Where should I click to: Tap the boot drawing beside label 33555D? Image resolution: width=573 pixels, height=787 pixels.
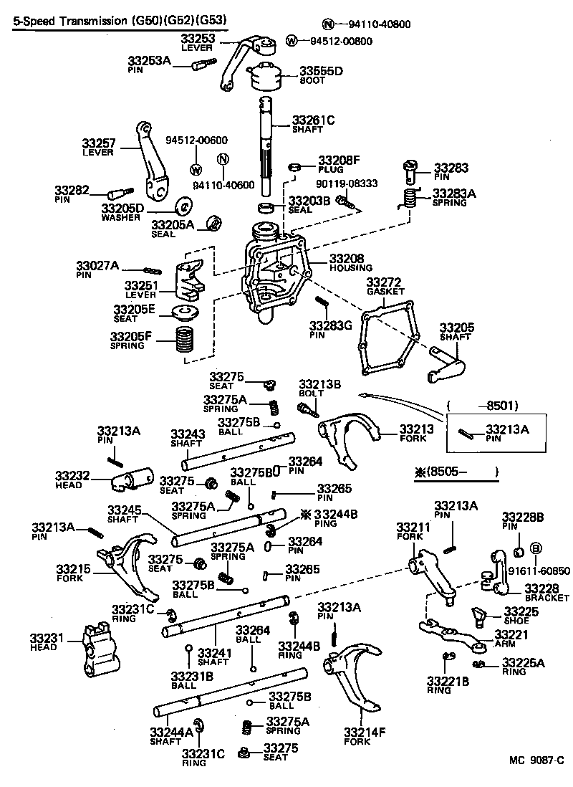pos(266,77)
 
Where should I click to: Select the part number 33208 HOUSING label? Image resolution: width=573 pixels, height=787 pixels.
pos(347,258)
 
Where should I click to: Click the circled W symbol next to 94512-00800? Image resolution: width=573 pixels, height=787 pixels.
pos(292,40)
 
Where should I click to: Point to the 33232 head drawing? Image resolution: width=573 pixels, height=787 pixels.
pos(133,479)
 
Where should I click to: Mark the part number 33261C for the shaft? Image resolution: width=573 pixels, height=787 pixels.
pos(313,120)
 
